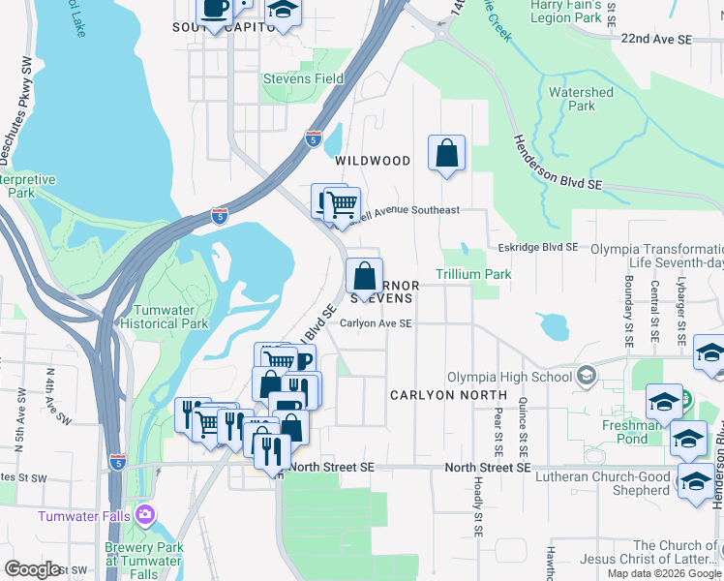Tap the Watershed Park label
tap(581, 99)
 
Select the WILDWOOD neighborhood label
tap(373, 161)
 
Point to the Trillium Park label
tap(472, 275)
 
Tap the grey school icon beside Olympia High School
tap(585, 376)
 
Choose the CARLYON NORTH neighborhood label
tap(448, 396)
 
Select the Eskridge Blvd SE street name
tap(537, 248)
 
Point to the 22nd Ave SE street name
tap(657, 40)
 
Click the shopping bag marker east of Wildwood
tap(446, 153)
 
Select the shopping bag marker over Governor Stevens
tap(364, 277)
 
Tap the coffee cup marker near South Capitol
tap(215, 10)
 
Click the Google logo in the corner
tap(33, 569)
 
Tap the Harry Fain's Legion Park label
tap(565, 11)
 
